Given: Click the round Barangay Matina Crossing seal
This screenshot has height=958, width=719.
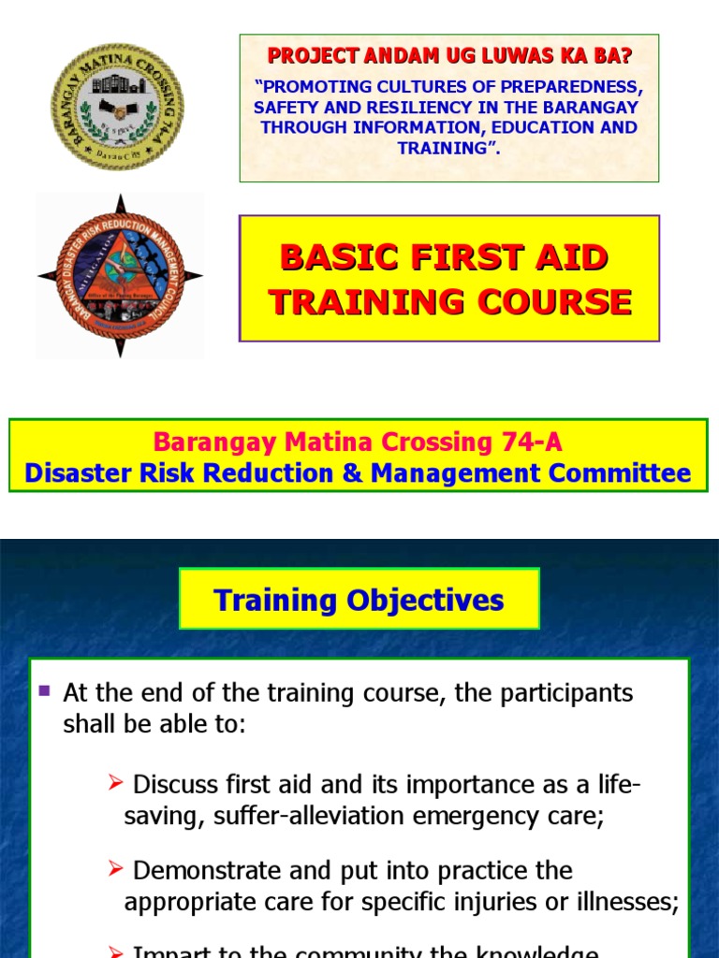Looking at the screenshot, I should coord(117,107).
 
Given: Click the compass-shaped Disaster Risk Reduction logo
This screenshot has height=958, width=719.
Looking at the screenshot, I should coord(120,275).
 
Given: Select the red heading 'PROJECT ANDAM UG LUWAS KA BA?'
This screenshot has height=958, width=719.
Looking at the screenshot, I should coord(450,55).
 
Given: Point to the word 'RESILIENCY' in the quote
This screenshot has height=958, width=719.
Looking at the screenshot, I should coord(420,108).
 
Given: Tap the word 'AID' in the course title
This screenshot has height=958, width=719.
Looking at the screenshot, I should coord(576,257).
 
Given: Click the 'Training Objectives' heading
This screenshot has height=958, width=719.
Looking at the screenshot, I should coord(359,600).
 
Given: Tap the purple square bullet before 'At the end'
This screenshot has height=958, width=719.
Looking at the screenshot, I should coord(44,692).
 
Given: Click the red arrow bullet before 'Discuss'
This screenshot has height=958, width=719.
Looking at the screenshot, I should coord(117,782).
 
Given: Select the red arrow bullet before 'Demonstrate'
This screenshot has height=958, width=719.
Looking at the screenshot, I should coord(117,869).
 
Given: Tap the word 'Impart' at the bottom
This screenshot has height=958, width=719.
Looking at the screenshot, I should coord(169,951).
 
